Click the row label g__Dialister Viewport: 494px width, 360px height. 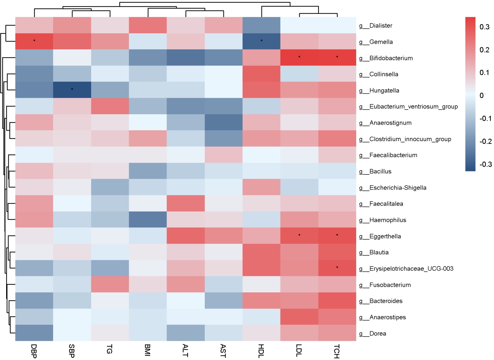click(x=375, y=26)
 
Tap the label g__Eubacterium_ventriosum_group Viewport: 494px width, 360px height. click(x=408, y=107)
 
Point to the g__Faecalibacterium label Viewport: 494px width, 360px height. click(x=388, y=155)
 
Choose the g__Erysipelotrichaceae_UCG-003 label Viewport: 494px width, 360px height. click(x=406, y=269)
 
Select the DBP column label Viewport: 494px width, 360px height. click(x=34, y=351)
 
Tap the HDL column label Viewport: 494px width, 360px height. click(x=261, y=351)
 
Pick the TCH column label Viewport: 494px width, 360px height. click(x=337, y=351)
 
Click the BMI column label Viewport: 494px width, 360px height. click(x=148, y=350)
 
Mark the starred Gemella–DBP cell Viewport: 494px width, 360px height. click(x=34, y=41)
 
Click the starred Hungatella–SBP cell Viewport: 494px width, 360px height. click(x=72, y=90)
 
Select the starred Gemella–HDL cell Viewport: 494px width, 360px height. click(x=261, y=41)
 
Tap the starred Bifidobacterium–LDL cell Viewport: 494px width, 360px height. click(x=299, y=57)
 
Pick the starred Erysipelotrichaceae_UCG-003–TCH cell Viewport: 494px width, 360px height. click(x=337, y=268)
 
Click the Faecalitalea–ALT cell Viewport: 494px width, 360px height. click(x=186, y=203)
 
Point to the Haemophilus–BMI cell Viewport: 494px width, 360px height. click(x=148, y=220)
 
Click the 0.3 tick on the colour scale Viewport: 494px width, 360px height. click(x=484, y=27)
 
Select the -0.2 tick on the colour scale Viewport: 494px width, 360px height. click(x=485, y=141)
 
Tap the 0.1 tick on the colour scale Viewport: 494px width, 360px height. click(x=484, y=73)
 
